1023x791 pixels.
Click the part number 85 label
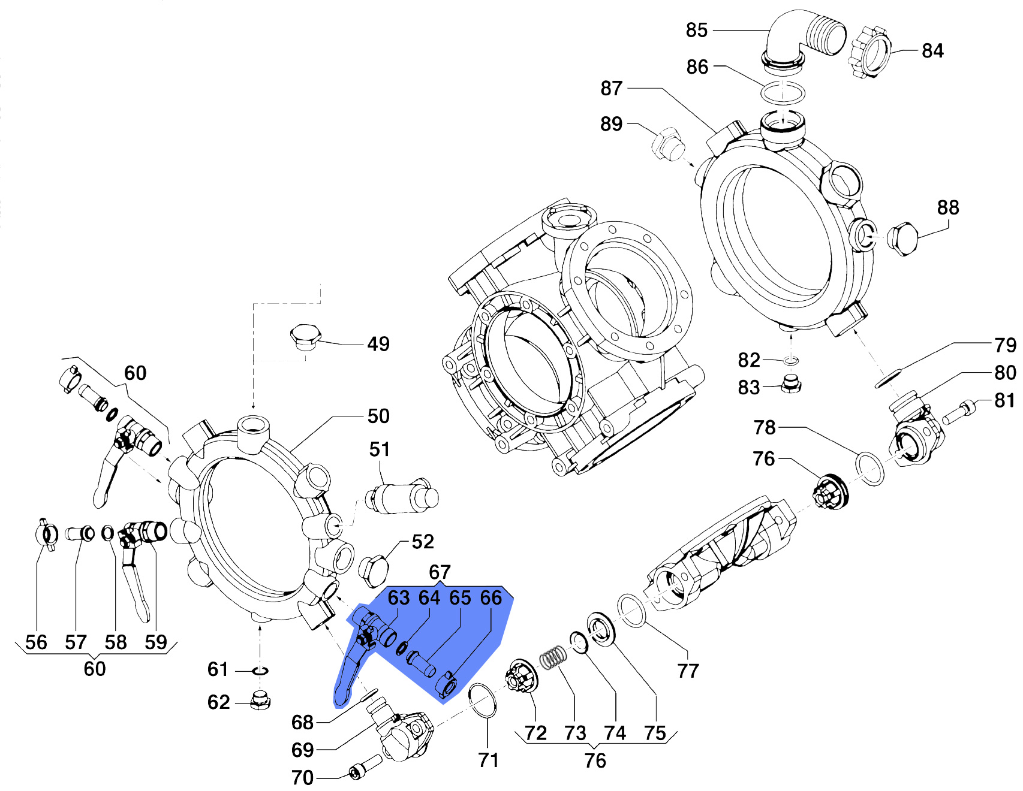click(696, 30)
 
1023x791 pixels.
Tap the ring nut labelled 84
click(869, 52)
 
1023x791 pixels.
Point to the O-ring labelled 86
click(783, 93)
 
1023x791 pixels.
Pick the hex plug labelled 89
click(667, 144)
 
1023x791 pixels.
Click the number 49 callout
click(378, 344)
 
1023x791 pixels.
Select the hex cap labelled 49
click(306, 337)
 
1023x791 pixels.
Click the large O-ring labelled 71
click(482, 700)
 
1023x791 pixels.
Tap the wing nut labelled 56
click(47, 533)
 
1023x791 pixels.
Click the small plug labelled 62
click(260, 700)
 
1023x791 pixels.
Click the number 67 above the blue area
click(440, 572)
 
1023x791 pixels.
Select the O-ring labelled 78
click(869, 469)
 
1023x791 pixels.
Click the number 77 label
click(688, 671)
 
